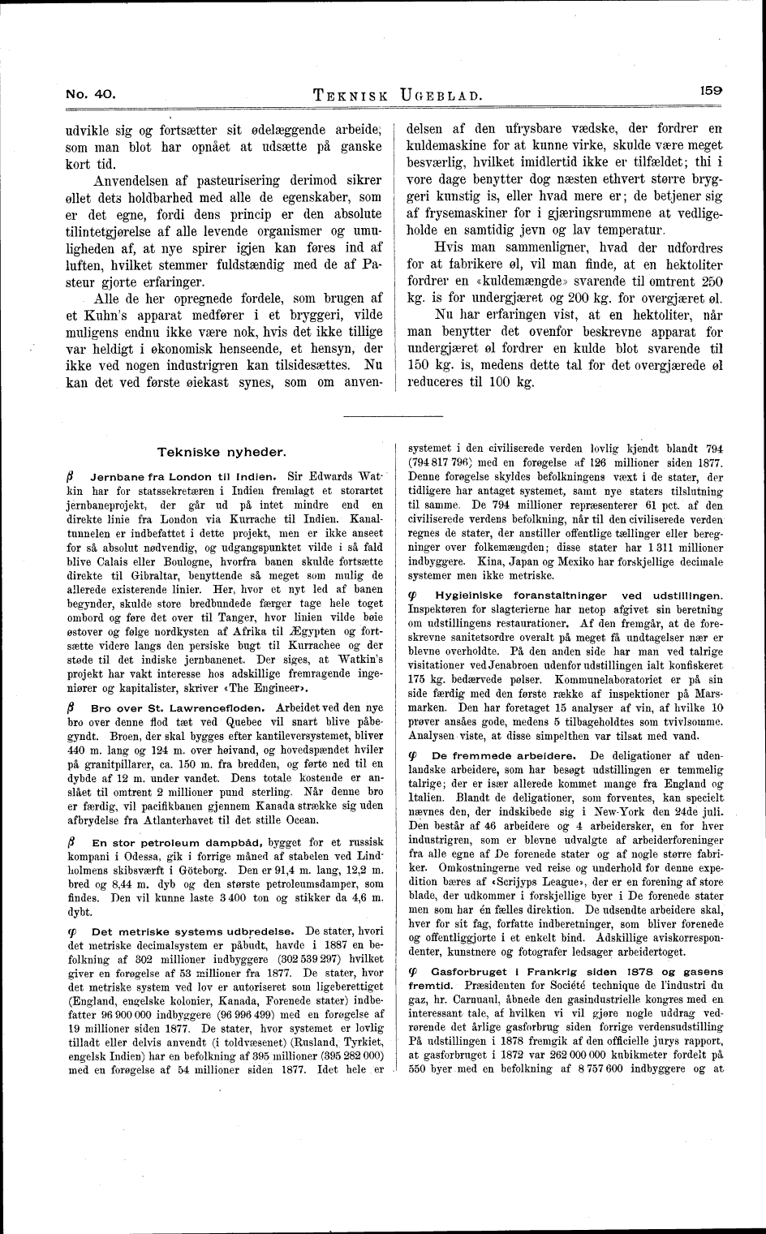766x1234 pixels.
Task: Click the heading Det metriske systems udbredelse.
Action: tap(195, 930)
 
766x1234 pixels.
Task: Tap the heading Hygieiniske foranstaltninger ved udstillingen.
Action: tap(579, 596)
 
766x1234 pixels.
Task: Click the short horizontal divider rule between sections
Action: tap(394, 416)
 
